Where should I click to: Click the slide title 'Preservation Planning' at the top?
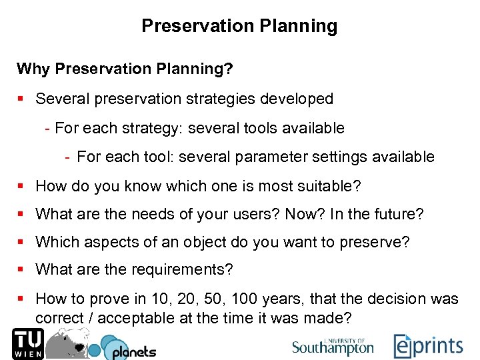(x=239, y=26)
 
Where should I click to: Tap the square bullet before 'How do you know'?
(x=21, y=186)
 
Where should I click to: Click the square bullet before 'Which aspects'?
(x=21, y=243)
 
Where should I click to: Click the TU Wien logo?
(x=27, y=343)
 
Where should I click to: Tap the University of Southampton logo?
(x=333, y=346)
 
